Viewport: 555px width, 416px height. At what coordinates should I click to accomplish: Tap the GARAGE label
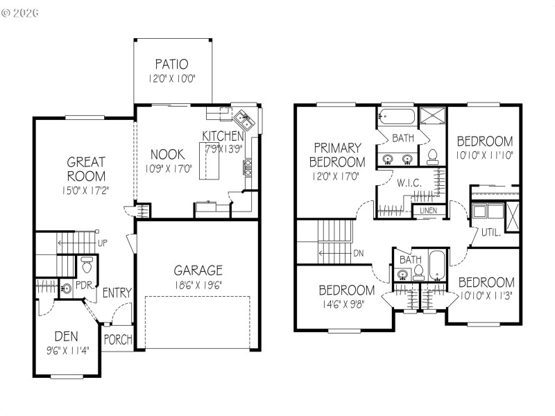pos(198,270)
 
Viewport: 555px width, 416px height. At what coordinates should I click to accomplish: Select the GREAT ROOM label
pos(86,169)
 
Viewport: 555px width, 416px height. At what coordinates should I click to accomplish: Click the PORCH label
pos(117,340)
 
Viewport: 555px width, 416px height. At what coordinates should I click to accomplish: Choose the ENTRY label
pos(117,293)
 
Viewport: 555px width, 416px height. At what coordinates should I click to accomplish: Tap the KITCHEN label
pos(223,136)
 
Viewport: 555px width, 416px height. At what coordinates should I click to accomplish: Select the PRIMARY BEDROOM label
pos(338,155)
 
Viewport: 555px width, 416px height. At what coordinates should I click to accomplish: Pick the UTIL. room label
pos(490,233)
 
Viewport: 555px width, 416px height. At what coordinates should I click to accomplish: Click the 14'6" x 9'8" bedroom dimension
pos(347,303)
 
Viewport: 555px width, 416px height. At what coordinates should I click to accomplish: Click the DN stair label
pos(359,253)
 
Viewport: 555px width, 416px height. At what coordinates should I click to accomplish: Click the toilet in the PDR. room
pos(87,265)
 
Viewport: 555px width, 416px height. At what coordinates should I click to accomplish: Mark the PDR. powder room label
pos(85,285)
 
